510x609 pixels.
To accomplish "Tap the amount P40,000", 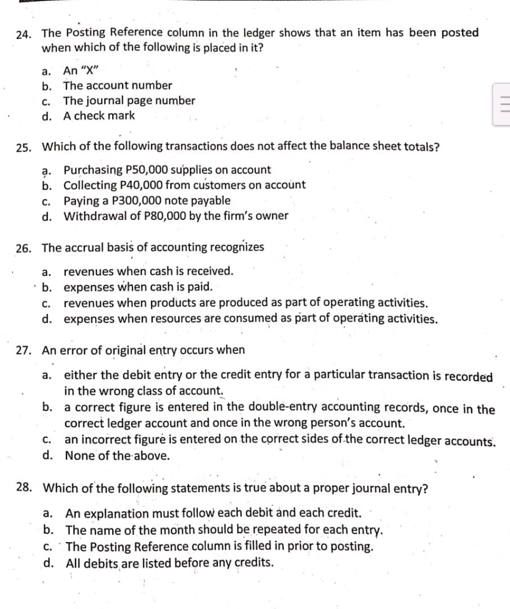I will click(141, 185).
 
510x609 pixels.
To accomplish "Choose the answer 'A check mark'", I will click(99, 116).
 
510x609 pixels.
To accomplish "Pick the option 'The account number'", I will click(118, 86).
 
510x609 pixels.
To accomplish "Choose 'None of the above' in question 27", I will click(117, 456).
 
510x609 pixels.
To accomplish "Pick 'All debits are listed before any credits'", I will click(170, 563).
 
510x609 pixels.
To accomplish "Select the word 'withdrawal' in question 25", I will click(93, 216).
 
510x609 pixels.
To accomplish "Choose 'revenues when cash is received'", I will click(148, 271).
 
